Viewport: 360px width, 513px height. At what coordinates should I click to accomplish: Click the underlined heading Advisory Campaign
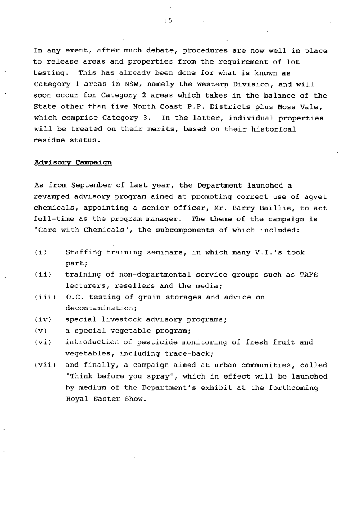coord(73,163)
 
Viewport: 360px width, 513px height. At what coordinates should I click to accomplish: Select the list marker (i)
coord(41,252)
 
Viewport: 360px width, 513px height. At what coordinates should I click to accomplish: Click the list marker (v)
coord(41,331)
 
